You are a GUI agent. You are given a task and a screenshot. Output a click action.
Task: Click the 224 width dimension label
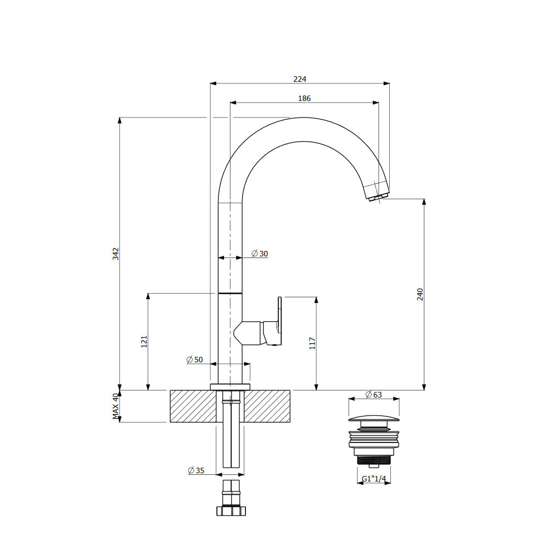[x=300, y=79]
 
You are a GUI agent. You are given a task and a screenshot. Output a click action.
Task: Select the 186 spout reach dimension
[x=304, y=98]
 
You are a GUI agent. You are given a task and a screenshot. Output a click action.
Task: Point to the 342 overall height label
[x=116, y=254]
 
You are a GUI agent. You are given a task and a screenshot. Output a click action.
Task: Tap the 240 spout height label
[x=420, y=294]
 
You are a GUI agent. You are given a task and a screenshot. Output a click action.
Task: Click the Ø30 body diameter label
[x=260, y=254]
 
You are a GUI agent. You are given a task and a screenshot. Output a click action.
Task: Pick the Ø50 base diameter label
[x=195, y=360]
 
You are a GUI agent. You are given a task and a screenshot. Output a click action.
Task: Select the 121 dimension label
[x=144, y=341]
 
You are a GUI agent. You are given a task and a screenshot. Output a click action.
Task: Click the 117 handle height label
[x=312, y=344]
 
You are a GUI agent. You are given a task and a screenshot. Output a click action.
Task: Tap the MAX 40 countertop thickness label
[x=116, y=406]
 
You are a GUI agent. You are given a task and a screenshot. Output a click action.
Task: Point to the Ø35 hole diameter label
[x=196, y=470]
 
